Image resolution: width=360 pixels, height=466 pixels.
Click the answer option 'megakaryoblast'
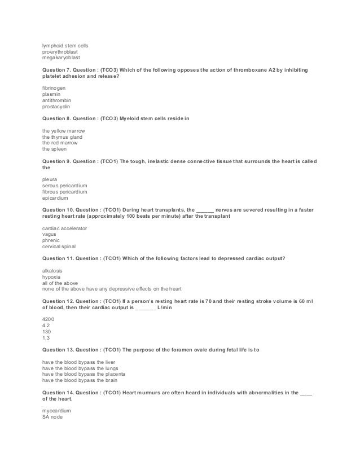[61, 57]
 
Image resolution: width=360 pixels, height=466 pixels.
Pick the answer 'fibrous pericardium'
[65, 192]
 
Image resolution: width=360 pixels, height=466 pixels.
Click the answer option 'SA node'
[52, 417]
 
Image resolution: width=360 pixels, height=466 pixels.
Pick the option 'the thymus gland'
[62, 137]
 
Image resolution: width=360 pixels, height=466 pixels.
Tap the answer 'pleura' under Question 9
[50, 180]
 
